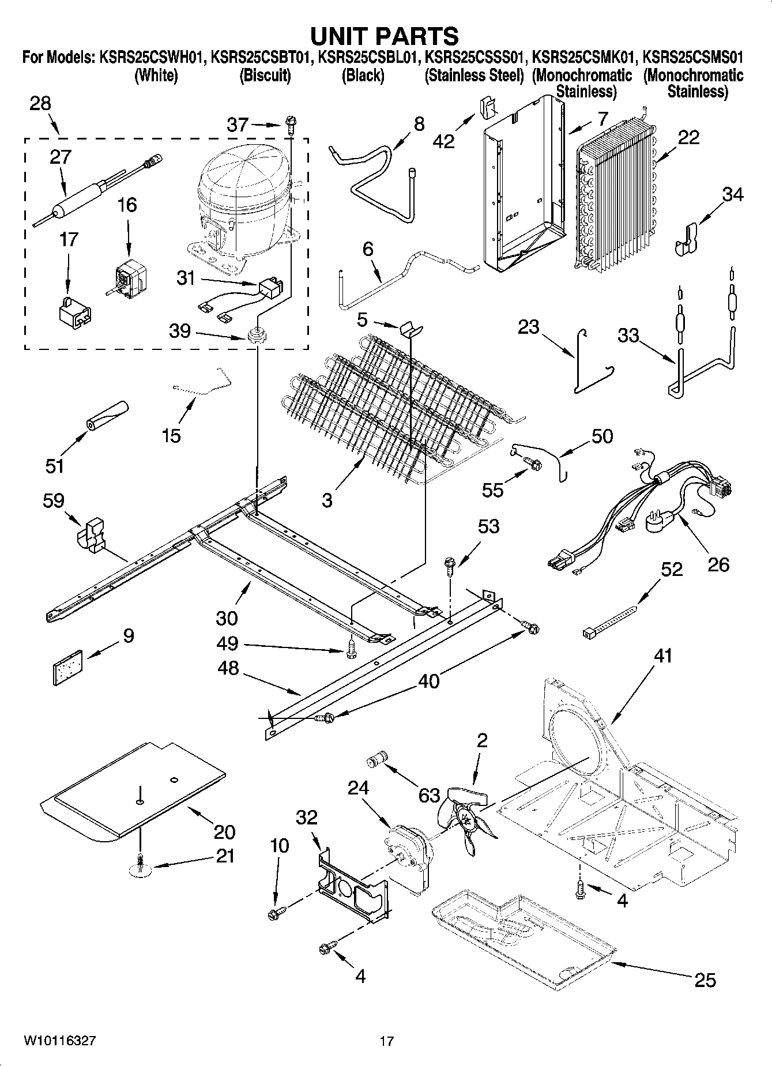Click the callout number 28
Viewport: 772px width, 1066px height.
(40, 104)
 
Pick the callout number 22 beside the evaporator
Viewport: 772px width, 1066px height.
(689, 137)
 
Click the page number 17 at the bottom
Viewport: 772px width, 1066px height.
(386, 1041)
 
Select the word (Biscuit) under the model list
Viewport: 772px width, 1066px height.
(265, 76)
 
